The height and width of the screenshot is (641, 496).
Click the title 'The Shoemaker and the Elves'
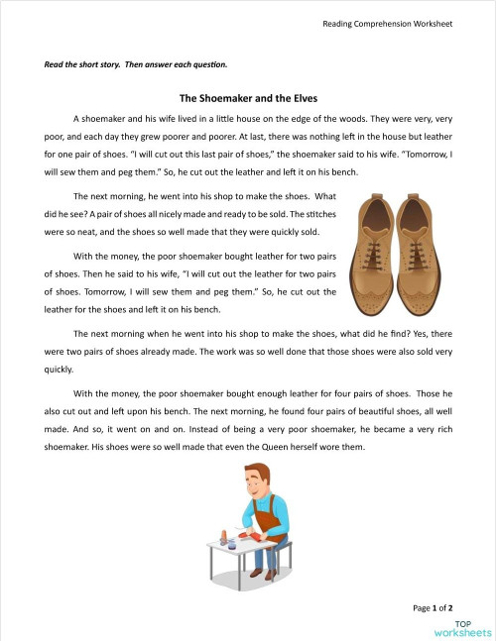point(248,99)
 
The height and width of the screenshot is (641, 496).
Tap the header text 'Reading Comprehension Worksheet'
point(388,23)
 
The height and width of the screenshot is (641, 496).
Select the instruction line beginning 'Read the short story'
point(136,65)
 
